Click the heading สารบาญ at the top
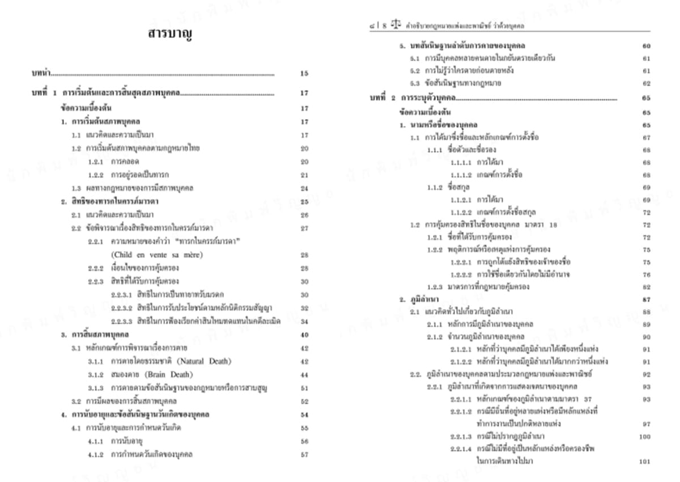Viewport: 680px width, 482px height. click(170, 35)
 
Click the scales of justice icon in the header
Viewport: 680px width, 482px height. click(395, 25)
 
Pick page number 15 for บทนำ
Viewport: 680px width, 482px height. click(304, 73)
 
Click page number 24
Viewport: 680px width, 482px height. click(304, 188)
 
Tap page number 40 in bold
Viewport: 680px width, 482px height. click(304, 335)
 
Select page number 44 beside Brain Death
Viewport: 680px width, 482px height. click(304, 374)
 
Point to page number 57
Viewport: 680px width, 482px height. click(304, 454)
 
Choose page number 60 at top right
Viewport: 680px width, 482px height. click(646, 46)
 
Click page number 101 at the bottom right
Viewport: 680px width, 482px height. click(644, 462)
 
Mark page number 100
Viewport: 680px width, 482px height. click(644, 437)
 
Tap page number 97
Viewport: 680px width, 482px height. click(646, 424)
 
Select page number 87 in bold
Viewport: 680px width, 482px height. click(646, 299)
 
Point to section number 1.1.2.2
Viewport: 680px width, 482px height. click(461, 212)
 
